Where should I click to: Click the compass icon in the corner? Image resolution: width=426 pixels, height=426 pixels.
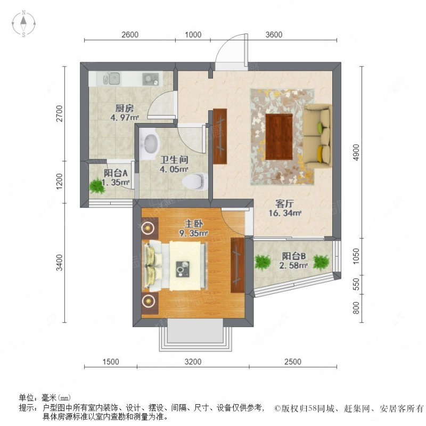click(x=24, y=24)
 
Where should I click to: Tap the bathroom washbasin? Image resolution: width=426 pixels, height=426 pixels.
click(x=151, y=143)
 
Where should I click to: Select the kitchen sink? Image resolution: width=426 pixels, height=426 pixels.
click(x=111, y=79)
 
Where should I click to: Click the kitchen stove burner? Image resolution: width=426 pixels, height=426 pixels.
click(x=150, y=79)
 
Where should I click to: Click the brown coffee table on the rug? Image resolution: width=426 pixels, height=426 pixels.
click(x=279, y=136)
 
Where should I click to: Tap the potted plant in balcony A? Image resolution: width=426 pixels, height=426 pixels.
click(x=97, y=186)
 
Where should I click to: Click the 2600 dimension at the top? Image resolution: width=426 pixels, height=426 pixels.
click(x=129, y=35)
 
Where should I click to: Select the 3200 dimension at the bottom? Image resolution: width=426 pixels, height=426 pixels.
click(x=193, y=362)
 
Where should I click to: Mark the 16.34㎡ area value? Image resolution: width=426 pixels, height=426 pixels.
click(x=289, y=214)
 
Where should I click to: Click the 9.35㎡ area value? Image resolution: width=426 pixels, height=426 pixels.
click(x=193, y=233)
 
